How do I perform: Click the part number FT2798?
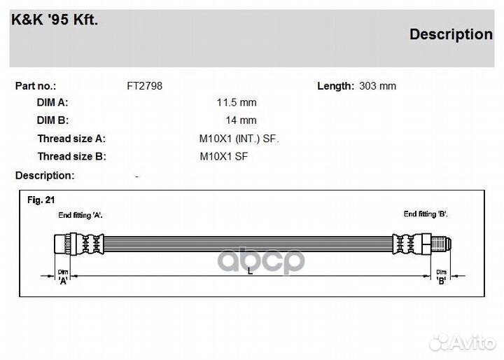pyautogui.click(x=145, y=86)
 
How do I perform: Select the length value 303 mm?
pyautogui.click(x=378, y=86)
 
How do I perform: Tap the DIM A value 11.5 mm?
pyautogui.click(x=237, y=103)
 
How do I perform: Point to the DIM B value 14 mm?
pyautogui.click(x=241, y=120)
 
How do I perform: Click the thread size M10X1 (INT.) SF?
pyautogui.click(x=239, y=139)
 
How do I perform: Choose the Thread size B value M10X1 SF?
pyautogui.click(x=224, y=156)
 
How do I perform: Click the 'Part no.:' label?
pyautogui.click(x=36, y=86)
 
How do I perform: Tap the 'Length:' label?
pyautogui.click(x=335, y=86)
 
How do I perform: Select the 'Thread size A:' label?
pyautogui.click(x=71, y=139)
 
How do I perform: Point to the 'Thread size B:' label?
pyautogui.click(x=71, y=156)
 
